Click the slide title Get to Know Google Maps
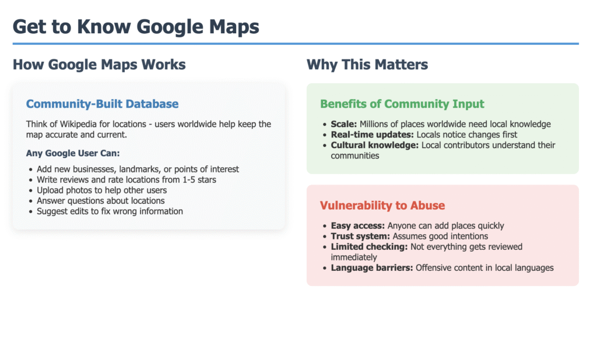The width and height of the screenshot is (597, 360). click(136, 27)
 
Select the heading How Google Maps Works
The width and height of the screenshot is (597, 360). click(99, 65)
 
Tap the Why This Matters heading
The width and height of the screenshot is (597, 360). click(367, 65)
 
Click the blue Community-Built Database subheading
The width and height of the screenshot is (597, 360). click(103, 104)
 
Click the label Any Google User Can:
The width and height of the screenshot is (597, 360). click(73, 153)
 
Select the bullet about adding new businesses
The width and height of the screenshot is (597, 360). click(138, 170)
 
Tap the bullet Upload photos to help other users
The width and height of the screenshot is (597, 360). click(101, 190)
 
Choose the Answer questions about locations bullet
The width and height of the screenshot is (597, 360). click(100, 201)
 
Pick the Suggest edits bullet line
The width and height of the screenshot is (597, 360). click(110, 211)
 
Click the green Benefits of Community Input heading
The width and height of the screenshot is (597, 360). click(402, 104)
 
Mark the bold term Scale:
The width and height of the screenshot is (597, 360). click(344, 125)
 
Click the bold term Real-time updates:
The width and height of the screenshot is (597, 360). click(372, 135)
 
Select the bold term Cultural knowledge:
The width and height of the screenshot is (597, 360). click(375, 146)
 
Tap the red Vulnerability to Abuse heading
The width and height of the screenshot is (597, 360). click(382, 206)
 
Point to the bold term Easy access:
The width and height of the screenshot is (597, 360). click(358, 226)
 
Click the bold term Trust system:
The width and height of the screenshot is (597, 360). click(360, 237)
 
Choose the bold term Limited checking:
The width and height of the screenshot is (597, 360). click(369, 247)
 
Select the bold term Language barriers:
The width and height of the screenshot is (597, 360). click(372, 268)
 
